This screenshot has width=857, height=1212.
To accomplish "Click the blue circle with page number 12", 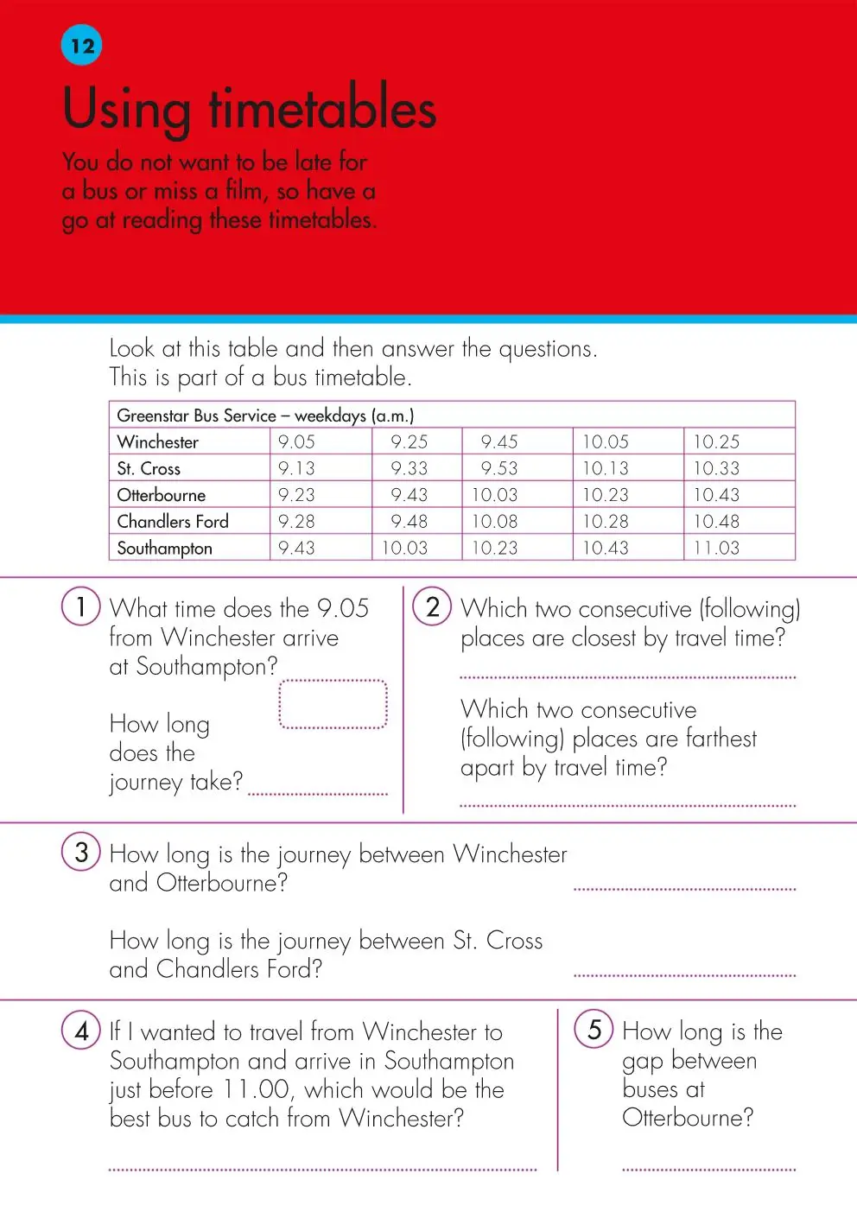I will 82,46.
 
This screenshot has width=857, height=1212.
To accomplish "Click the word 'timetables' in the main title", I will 322,110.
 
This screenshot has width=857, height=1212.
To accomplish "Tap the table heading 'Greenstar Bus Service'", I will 196,416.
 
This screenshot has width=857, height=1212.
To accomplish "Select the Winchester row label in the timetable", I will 158,442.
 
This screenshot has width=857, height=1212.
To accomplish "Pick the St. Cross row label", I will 149,469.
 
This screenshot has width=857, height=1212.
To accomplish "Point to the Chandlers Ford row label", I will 173,522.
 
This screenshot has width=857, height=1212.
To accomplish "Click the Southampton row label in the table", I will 164,549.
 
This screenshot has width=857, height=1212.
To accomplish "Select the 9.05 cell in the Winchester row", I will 296,442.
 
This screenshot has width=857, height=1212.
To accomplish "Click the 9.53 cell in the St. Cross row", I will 499,469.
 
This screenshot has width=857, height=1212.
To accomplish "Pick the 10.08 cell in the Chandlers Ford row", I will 494,522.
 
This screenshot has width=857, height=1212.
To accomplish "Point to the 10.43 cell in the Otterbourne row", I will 716,495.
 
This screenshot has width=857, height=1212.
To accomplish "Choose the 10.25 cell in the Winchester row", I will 716,442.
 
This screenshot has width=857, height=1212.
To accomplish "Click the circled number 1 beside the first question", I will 81,606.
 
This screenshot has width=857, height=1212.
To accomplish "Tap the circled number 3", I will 81,852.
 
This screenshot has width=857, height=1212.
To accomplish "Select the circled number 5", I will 594,1029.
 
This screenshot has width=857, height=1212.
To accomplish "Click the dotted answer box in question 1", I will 333,704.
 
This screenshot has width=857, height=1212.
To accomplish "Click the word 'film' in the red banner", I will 244,190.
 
